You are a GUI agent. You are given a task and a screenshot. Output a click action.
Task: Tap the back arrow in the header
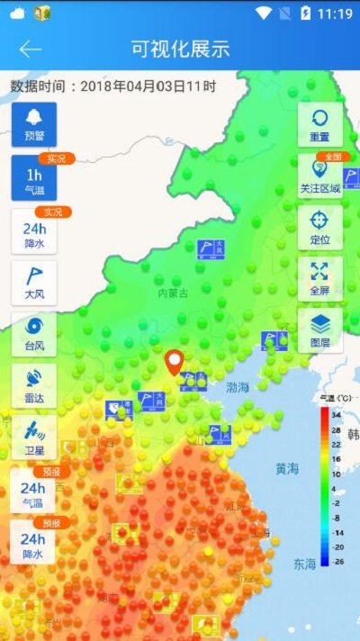tap(31, 49)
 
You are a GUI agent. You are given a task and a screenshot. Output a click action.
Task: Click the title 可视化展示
tap(180, 49)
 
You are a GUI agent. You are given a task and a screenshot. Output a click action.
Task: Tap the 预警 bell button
tap(34, 124)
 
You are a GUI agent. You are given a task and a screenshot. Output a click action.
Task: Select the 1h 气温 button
tap(34, 178)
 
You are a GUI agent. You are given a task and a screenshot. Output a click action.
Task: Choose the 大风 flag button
tap(34, 283)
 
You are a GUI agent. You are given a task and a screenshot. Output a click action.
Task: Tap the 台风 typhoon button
tap(34, 334)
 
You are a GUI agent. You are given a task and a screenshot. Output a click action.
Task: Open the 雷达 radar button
tap(34, 385)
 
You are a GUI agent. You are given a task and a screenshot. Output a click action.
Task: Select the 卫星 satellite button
tap(34, 437)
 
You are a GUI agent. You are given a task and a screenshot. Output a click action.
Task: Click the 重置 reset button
tap(319, 124)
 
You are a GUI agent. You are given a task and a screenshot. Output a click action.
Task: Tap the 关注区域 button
tap(319, 176)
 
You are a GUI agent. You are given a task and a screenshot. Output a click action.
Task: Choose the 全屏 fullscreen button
tap(319, 278)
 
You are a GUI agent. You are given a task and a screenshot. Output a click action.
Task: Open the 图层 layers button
tap(319, 330)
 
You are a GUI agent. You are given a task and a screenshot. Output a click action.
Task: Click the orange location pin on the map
tap(175, 362)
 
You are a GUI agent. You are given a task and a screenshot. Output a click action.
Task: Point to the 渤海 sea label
tap(238, 388)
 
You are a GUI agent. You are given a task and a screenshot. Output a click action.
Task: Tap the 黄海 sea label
tap(288, 468)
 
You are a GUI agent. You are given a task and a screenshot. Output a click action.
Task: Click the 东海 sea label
tap(304, 564)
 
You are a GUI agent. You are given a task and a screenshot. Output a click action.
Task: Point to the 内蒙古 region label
tap(173, 293)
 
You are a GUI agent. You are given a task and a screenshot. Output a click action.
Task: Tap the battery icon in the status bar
tap(306, 14)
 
